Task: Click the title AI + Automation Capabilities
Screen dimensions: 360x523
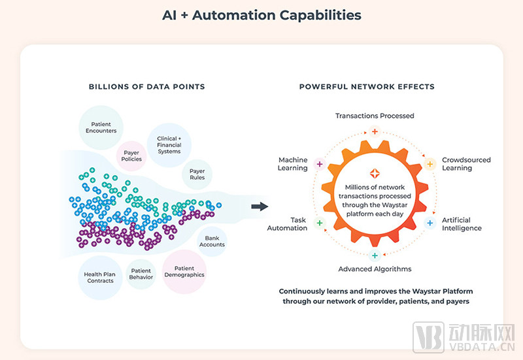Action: [x=261, y=14]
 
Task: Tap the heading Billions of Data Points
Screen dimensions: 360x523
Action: [x=147, y=86]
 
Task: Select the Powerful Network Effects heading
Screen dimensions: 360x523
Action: [x=367, y=86]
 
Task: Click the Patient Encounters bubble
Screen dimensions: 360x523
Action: [x=101, y=127]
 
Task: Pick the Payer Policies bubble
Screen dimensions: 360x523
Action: [x=132, y=156]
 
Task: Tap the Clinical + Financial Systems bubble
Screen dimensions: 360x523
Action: [x=168, y=145]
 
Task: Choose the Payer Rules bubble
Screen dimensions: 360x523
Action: [x=197, y=174]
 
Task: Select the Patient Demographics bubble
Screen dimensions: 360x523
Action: [x=184, y=271]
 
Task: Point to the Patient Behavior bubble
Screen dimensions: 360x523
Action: [x=141, y=274]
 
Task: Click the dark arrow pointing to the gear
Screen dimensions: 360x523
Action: [x=260, y=207]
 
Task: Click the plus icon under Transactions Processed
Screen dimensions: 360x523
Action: [x=375, y=131]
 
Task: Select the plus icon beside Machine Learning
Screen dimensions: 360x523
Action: [x=319, y=164]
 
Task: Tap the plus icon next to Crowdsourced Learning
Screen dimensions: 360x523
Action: [x=430, y=164]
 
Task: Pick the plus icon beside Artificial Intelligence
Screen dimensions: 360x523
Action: [x=430, y=223]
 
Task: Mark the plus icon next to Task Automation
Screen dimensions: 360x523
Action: [x=319, y=223]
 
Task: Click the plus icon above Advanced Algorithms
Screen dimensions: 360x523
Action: [x=375, y=255]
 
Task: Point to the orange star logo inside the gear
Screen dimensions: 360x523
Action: [x=375, y=173]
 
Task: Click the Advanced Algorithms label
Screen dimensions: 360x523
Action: [x=375, y=269]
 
